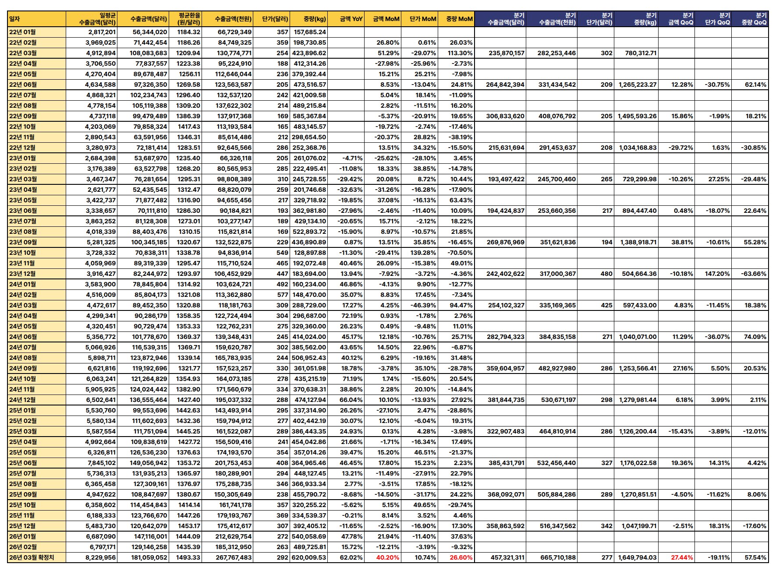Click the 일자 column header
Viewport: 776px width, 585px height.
coord(15,19)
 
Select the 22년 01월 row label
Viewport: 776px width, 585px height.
coord(23,32)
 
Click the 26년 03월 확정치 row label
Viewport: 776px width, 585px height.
coord(32,557)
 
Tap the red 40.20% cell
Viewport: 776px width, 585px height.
coord(388,557)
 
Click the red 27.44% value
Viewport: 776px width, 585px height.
coord(682,557)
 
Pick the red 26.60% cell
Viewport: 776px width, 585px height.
coord(461,557)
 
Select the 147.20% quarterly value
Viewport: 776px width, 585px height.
coord(717,274)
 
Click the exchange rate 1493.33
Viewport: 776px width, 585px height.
coord(188,557)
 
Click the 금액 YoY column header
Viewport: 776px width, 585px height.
coord(351,19)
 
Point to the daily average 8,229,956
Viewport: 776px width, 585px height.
coord(100,557)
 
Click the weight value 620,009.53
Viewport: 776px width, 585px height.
coord(308,557)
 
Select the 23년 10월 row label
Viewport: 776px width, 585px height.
coord(23,253)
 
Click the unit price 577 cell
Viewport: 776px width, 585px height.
coord(282,295)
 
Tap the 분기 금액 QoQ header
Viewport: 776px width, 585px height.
coord(680,19)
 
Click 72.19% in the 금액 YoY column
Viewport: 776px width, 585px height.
coord(352,316)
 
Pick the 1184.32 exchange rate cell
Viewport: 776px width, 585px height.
coord(188,32)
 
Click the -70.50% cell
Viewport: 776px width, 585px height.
coord(460,253)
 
